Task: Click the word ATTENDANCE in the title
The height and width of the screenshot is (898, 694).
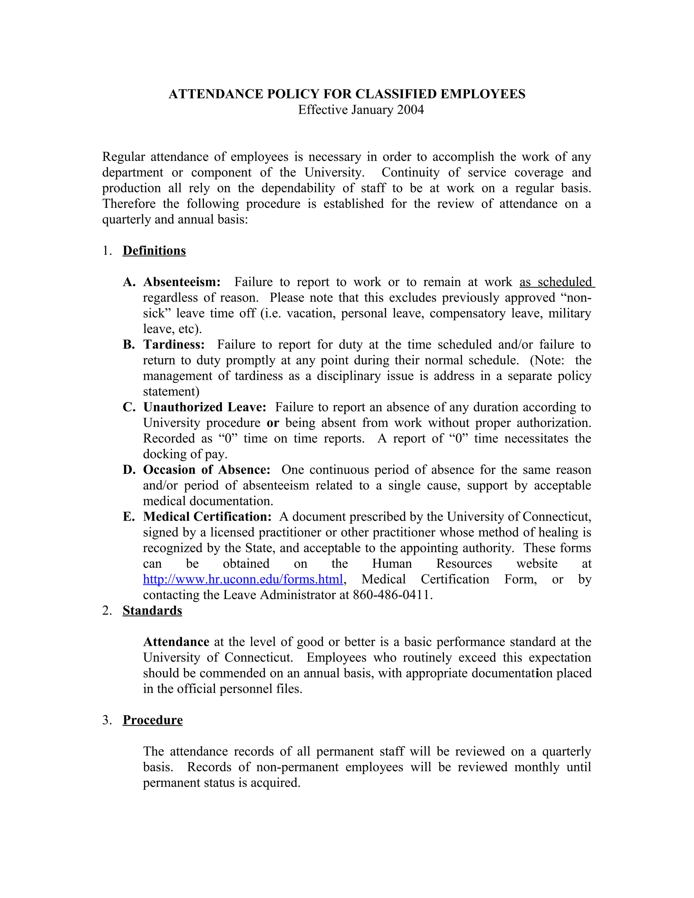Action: tap(216, 94)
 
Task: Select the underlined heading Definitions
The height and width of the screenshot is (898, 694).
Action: tap(154, 251)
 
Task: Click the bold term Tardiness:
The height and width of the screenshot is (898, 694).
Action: tap(173, 345)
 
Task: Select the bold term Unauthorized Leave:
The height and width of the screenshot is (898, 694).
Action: tap(204, 407)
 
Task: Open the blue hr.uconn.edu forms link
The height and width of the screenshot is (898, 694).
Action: tap(243, 579)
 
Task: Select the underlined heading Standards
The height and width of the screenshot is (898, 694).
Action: tap(152, 611)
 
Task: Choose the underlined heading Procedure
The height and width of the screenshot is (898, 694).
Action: tap(152, 720)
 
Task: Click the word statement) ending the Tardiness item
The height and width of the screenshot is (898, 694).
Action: tap(171, 391)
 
